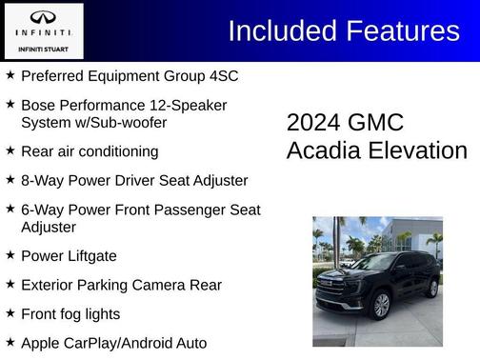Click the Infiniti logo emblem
point(43,17)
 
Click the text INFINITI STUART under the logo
point(43,47)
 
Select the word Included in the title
point(277,31)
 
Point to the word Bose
point(39,104)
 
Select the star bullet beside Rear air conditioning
point(10,150)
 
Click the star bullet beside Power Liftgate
point(10,255)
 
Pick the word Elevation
point(419,150)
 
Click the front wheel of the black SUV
point(381,305)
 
